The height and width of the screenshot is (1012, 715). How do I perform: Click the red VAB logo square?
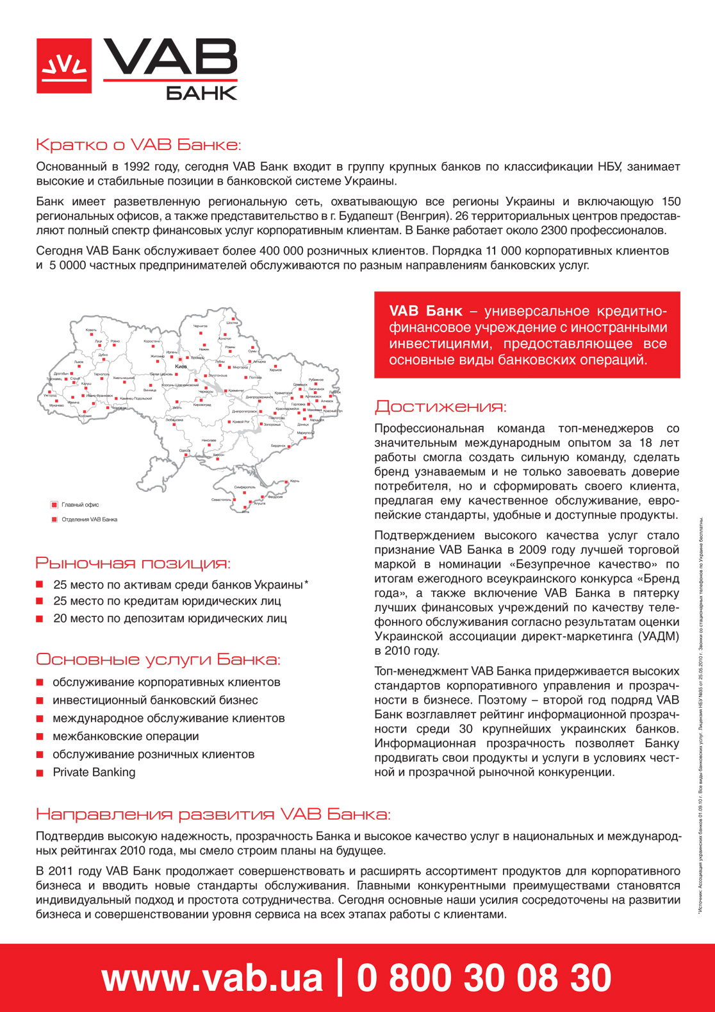coord(63,65)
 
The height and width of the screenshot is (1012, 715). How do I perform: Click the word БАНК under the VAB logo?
coord(201,92)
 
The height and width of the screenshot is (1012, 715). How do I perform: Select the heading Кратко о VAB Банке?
coord(138,144)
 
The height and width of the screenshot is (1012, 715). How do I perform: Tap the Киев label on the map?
coord(181,366)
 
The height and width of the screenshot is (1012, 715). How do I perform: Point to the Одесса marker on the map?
coord(185,451)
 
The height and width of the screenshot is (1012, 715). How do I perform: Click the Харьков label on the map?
coord(275,370)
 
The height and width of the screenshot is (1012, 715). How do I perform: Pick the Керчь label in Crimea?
coord(294,481)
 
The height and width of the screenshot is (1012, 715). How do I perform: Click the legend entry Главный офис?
coord(79,505)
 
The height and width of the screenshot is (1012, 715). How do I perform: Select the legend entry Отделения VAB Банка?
coord(88,519)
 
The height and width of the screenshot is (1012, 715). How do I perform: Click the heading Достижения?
coord(440,407)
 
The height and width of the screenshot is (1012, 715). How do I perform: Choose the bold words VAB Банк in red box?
coord(425,311)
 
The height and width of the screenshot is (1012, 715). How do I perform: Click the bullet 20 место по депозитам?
coord(169,618)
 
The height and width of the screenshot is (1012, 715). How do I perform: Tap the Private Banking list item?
coord(94,772)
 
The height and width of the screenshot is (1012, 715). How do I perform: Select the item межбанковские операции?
coord(126,736)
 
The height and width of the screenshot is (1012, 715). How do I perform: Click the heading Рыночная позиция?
coord(133,563)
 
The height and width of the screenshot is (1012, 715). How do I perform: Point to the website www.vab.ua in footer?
coord(211,978)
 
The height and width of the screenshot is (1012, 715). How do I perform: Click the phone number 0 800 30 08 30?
coord(484,978)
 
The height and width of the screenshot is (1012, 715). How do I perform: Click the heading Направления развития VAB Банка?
coord(213,814)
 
